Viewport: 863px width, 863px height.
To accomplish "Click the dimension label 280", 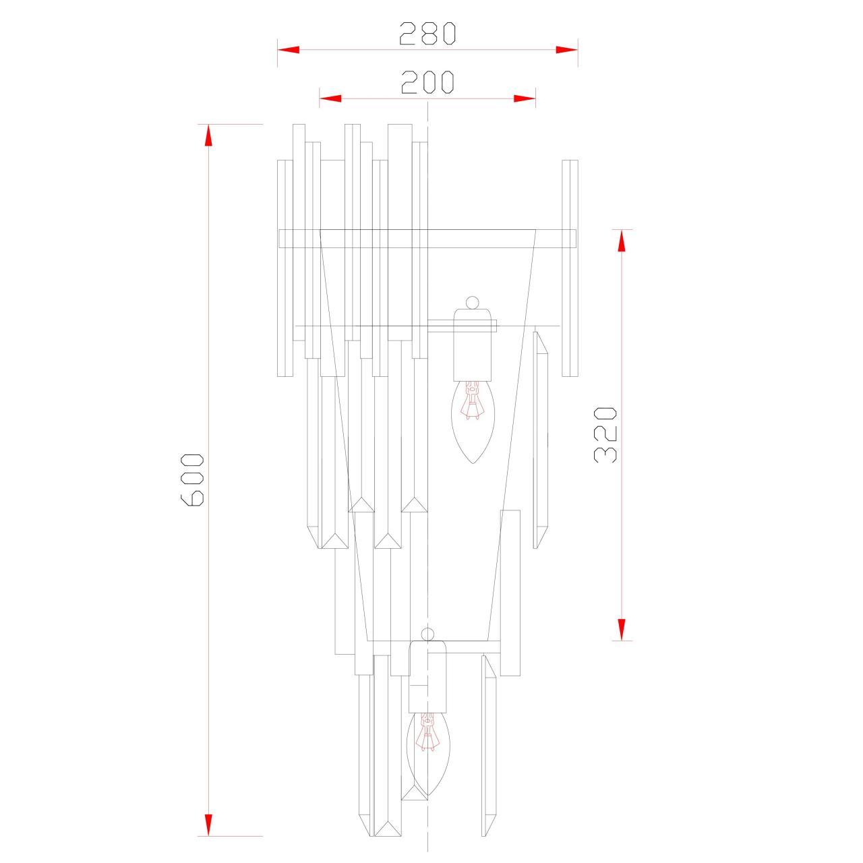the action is tap(427, 33).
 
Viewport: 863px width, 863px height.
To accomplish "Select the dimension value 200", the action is tap(427, 82).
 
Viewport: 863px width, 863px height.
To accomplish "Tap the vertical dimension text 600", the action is tap(192, 479).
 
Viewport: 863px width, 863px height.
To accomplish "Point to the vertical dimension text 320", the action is tap(605, 434).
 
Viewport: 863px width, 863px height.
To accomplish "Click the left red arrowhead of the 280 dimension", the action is tap(289, 50).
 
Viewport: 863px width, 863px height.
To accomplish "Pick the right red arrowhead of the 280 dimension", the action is tap(566, 50).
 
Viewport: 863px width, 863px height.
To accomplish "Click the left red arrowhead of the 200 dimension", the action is tap(330, 98).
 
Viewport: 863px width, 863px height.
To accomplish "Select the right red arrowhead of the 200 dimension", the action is tap(525, 98).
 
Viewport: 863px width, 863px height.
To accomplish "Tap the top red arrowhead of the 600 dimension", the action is tap(208, 135).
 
